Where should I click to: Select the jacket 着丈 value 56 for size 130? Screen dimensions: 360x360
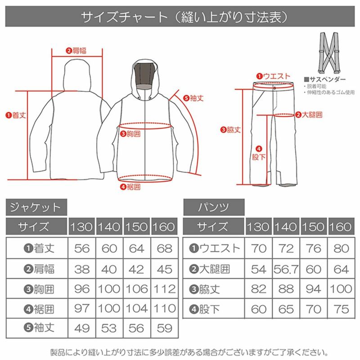pyautogui.click(x=81, y=248)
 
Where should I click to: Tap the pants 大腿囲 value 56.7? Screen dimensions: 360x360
pyautogui.click(x=286, y=269)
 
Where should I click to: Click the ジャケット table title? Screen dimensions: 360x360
pyautogui.click(x=36, y=207)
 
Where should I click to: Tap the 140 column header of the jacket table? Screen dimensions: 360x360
pyautogui.click(x=109, y=226)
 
